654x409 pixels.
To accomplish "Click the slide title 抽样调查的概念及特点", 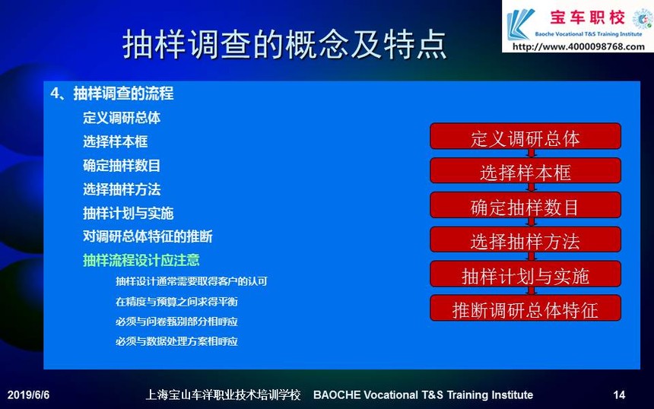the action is click(284, 44).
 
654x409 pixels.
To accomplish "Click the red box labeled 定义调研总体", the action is click(525, 136).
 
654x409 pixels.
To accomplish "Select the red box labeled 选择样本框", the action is click(525, 170).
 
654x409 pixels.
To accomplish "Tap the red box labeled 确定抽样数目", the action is click(525, 205).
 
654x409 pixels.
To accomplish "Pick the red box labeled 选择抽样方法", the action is click(525, 239).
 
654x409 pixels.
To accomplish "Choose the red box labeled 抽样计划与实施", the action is click(525, 274).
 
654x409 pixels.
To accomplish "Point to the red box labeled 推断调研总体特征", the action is click(525, 308).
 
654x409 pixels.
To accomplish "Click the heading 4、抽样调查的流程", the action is click(112, 94).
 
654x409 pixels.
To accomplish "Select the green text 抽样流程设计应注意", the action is click(141, 260).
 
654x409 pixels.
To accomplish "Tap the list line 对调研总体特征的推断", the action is click(148, 236).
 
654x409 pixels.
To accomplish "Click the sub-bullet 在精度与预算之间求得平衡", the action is click(176, 302).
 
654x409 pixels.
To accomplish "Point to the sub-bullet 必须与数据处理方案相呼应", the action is click(176, 341).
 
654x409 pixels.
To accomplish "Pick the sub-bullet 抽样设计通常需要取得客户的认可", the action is click(191, 281).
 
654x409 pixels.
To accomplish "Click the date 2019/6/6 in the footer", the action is click(28, 395).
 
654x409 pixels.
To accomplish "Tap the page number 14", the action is click(619, 395).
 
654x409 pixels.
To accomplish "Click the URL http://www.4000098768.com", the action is click(578, 46).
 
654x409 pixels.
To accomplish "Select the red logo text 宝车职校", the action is click(587, 17).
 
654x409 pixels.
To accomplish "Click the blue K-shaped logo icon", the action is click(519, 24).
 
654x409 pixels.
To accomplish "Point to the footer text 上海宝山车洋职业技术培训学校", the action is click(223, 395).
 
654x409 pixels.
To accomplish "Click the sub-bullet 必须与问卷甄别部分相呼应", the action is click(176, 322).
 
